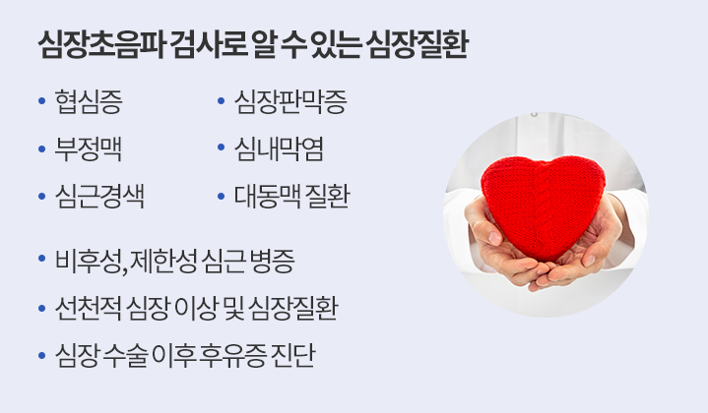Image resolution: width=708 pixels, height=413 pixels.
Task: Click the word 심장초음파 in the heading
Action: tap(101, 44)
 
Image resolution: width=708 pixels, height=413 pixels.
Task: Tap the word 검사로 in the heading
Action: tap(210, 44)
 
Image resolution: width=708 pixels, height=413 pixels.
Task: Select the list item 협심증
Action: tap(89, 101)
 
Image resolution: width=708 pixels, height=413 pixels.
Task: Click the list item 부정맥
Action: tap(88, 148)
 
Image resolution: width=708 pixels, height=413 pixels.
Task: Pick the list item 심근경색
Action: tap(99, 196)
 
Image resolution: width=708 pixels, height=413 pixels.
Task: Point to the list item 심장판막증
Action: tap(290, 101)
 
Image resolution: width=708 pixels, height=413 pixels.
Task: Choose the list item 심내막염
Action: tap(279, 148)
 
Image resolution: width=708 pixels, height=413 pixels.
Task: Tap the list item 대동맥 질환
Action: tap(291, 196)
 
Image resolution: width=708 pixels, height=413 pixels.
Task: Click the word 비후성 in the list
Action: tap(89, 261)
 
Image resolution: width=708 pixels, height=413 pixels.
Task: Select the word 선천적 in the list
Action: tap(88, 309)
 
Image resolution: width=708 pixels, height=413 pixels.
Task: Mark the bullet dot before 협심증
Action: tap(42, 101)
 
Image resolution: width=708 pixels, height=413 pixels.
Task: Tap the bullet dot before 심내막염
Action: tap(221, 147)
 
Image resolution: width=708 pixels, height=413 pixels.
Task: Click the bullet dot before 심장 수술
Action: tap(42, 355)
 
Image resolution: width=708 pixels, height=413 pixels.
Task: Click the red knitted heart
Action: tap(543, 206)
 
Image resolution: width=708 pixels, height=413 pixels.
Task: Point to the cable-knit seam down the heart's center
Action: tap(539, 211)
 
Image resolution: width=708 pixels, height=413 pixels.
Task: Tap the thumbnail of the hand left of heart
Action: tap(494, 238)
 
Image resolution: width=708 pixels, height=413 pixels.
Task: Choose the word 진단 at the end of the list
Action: tap(291, 355)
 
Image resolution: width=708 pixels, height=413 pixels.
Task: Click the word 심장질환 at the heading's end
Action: tap(418, 44)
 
